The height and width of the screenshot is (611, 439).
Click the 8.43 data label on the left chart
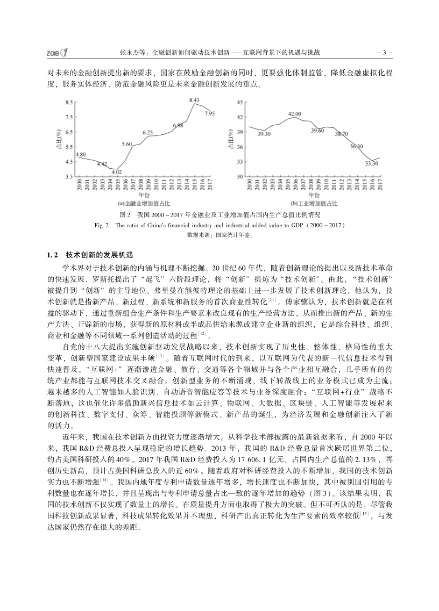[x=195, y=100]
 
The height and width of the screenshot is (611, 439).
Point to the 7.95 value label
[x=210, y=113]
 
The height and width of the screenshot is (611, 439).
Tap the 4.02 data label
[x=117, y=171]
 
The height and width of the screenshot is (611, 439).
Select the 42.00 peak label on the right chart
[x=294, y=114]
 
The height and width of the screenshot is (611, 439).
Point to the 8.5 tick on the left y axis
[x=69, y=102]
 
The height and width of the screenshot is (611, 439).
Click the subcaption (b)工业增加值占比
[x=315, y=204]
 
